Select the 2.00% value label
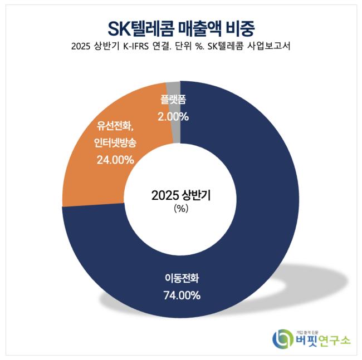173,117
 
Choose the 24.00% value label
115,160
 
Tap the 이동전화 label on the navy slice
182,278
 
